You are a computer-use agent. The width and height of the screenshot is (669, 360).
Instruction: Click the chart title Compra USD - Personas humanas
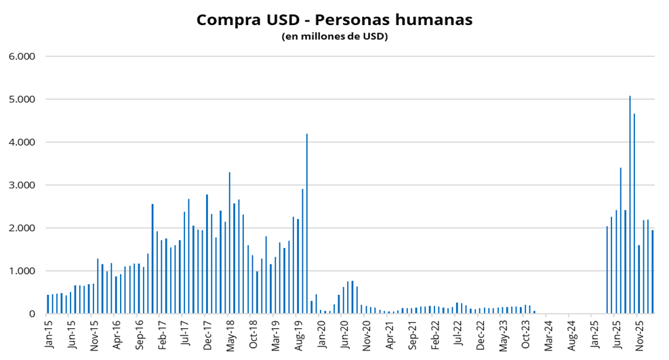[x=334, y=20]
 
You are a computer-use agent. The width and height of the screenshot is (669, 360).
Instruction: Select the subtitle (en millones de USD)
[x=334, y=37]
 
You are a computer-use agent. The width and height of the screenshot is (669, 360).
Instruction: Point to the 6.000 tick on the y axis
[x=22, y=56]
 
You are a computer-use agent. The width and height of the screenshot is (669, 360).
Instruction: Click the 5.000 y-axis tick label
[x=22, y=100]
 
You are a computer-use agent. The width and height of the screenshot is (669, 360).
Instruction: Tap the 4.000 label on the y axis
[x=22, y=142]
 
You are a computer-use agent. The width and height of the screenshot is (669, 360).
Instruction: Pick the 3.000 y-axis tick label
[x=22, y=185]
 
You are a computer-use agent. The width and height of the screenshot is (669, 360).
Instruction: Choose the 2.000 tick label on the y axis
[x=22, y=228]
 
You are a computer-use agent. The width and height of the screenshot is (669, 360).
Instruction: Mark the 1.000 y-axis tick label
[x=22, y=271]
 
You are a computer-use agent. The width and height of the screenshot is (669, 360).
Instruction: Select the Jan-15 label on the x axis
[x=48, y=333]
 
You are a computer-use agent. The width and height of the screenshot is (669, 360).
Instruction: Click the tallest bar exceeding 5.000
[x=630, y=203]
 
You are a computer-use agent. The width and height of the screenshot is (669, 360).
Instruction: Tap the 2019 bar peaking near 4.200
[x=307, y=224]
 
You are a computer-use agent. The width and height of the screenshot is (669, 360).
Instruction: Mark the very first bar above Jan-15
[x=47, y=304]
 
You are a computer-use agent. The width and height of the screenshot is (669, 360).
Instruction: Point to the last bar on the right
[x=652, y=272]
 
